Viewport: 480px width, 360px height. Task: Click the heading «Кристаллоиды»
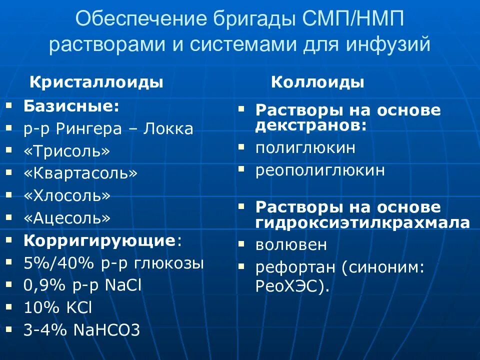click(x=97, y=82)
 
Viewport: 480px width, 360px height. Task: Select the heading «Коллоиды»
click(x=317, y=82)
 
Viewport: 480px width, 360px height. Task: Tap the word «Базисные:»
click(x=71, y=106)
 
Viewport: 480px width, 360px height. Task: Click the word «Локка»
click(x=168, y=129)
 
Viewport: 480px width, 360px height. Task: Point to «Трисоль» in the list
click(x=66, y=151)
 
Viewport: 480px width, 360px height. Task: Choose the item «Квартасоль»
click(x=80, y=173)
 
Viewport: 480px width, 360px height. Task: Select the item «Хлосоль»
click(x=67, y=195)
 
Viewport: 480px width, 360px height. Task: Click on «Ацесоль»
click(x=67, y=218)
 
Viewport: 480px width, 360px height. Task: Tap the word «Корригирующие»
click(x=98, y=240)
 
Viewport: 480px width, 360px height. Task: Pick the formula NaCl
click(x=123, y=285)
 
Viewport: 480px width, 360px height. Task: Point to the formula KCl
click(x=79, y=307)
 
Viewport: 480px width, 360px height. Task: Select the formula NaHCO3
click(x=106, y=329)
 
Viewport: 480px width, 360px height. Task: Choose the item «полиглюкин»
click(x=305, y=147)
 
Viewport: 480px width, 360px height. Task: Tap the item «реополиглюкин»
click(x=320, y=170)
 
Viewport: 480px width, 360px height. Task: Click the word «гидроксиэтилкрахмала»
click(x=363, y=222)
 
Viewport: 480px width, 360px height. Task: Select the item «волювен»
click(x=291, y=245)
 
